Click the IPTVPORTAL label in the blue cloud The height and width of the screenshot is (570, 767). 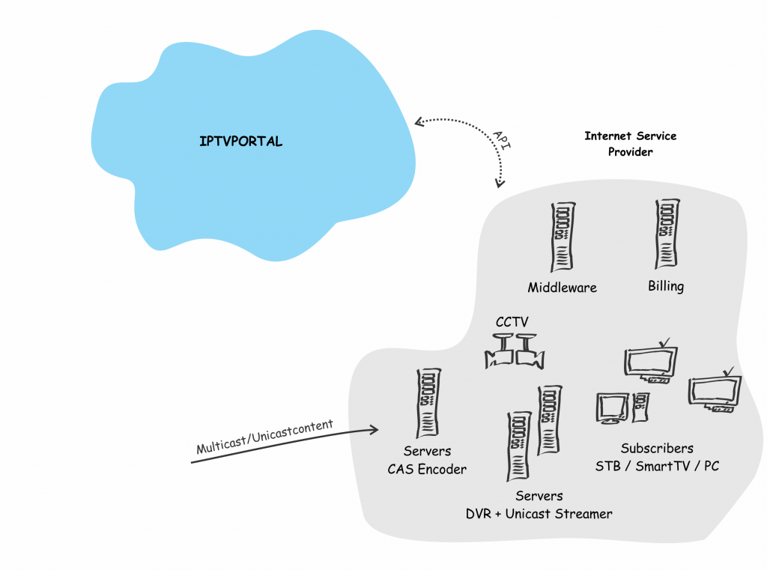pyautogui.click(x=240, y=142)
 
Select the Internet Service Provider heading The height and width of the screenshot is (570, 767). pyautogui.click(x=630, y=144)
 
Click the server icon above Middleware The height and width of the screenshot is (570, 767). pyautogui.click(x=563, y=237)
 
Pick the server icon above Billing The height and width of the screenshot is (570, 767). pyautogui.click(x=667, y=234)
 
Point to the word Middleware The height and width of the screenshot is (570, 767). pyautogui.click(x=562, y=288)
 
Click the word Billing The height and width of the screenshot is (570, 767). pyautogui.click(x=666, y=286)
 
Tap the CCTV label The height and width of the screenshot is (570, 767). pyautogui.click(x=512, y=322)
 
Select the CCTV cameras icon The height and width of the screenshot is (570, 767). pyautogui.click(x=515, y=351)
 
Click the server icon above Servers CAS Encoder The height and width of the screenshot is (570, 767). pyautogui.click(x=428, y=403)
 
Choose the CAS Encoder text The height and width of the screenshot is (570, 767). pyautogui.click(x=427, y=469)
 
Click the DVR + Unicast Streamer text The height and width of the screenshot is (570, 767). pyautogui.click(x=539, y=514)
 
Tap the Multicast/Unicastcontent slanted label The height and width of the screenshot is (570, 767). pyautogui.click(x=264, y=437)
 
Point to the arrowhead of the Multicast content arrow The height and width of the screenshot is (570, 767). pyautogui.click(x=374, y=430)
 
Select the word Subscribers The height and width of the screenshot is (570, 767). pyautogui.click(x=657, y=448)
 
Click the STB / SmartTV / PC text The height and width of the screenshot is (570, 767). pyautogui.click(x=657, y=467)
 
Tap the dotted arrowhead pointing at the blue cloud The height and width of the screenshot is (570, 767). pyautogui.click(x=419, y=122)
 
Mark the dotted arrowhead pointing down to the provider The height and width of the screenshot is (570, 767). pyautogui.click(x=500, y=183)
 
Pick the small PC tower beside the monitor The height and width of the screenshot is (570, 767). pyautogui.click(x=641, y=407)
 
